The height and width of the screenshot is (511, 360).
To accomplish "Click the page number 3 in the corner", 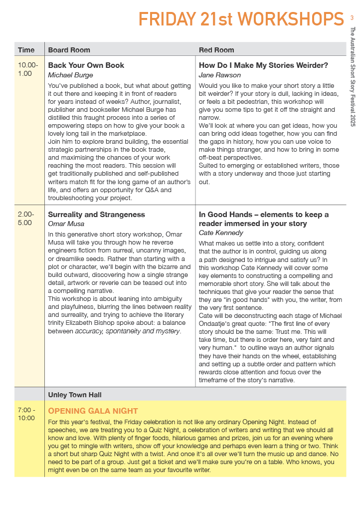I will click(x=352, y=18).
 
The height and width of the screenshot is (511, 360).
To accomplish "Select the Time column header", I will click(x=26, y=50).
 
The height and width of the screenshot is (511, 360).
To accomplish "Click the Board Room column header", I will click(x=69, y=50).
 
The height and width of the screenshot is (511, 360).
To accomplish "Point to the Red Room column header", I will click(x=216, y=50).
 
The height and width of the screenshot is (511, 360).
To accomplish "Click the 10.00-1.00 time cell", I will click(x=28, y=69).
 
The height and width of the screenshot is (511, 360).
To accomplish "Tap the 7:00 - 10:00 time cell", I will click(x=26, y=414).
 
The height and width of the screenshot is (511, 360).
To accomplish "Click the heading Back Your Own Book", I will click(x=86, y=65).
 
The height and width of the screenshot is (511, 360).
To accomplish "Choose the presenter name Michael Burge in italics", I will click(x=70, y=75).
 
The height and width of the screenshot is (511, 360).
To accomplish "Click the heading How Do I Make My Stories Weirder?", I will click(x=263, y=65).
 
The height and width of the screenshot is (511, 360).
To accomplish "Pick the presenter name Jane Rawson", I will click(x=220, y=75).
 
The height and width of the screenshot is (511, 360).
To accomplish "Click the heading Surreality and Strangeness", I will click(x=96, y=215).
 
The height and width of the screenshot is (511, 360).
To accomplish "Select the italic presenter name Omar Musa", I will click(x=66, y=224).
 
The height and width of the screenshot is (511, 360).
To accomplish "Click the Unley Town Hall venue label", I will click(x=75, y=395).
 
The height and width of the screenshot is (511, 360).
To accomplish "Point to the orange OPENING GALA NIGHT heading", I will click(x=93, y=411).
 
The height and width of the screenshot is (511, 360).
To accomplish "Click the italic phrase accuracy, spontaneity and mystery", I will click(x=128, y=331).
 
